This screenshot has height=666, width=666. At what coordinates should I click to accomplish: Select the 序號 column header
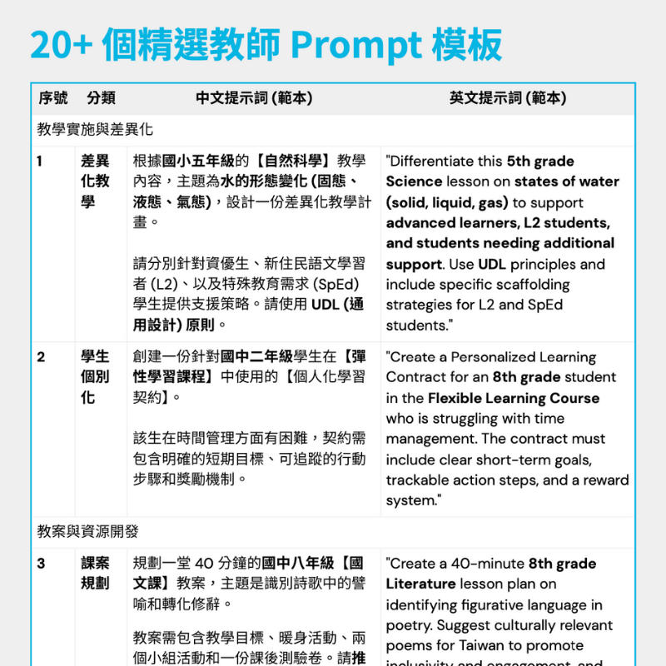pyautogui.click(x=53, y=98)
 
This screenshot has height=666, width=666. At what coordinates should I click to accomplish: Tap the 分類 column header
pyautogui.click(x=101, y=98)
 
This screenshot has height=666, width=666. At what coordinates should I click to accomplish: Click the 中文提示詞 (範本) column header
pyautogui.click(x=254, y=98)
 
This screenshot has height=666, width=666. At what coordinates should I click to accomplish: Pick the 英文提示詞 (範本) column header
pyautogui.click(x=508, y=98)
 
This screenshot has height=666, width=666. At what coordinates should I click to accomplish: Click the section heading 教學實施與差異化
pyautogui.click(x=95, y=130)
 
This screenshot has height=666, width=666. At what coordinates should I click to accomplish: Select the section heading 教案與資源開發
pyautogui.click(x=88, y=531)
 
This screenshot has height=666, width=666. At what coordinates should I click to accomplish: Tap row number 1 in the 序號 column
pyautogui.click(x=41, y=161)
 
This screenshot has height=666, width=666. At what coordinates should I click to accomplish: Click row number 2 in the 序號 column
pyautogui.click(x=41, y=357)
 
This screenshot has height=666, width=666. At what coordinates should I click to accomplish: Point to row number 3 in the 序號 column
pyautogui.click(x=41, y=564)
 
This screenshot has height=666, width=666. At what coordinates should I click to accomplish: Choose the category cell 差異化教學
pyautogui.click(x=95, y=181)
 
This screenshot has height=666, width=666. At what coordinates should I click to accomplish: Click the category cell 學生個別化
pyautogui.click(x=95, y=377)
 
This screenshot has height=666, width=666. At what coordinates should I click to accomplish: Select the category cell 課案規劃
pyautogui.click(x=95, y=574)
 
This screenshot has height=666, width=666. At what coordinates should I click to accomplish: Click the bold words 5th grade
pyautogui.click(x=540, y=162)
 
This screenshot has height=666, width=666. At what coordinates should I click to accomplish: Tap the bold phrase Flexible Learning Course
pyautogui.click(x=514, y=398)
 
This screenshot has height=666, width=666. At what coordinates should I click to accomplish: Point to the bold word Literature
pyautogui.click(x=420, y=584)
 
